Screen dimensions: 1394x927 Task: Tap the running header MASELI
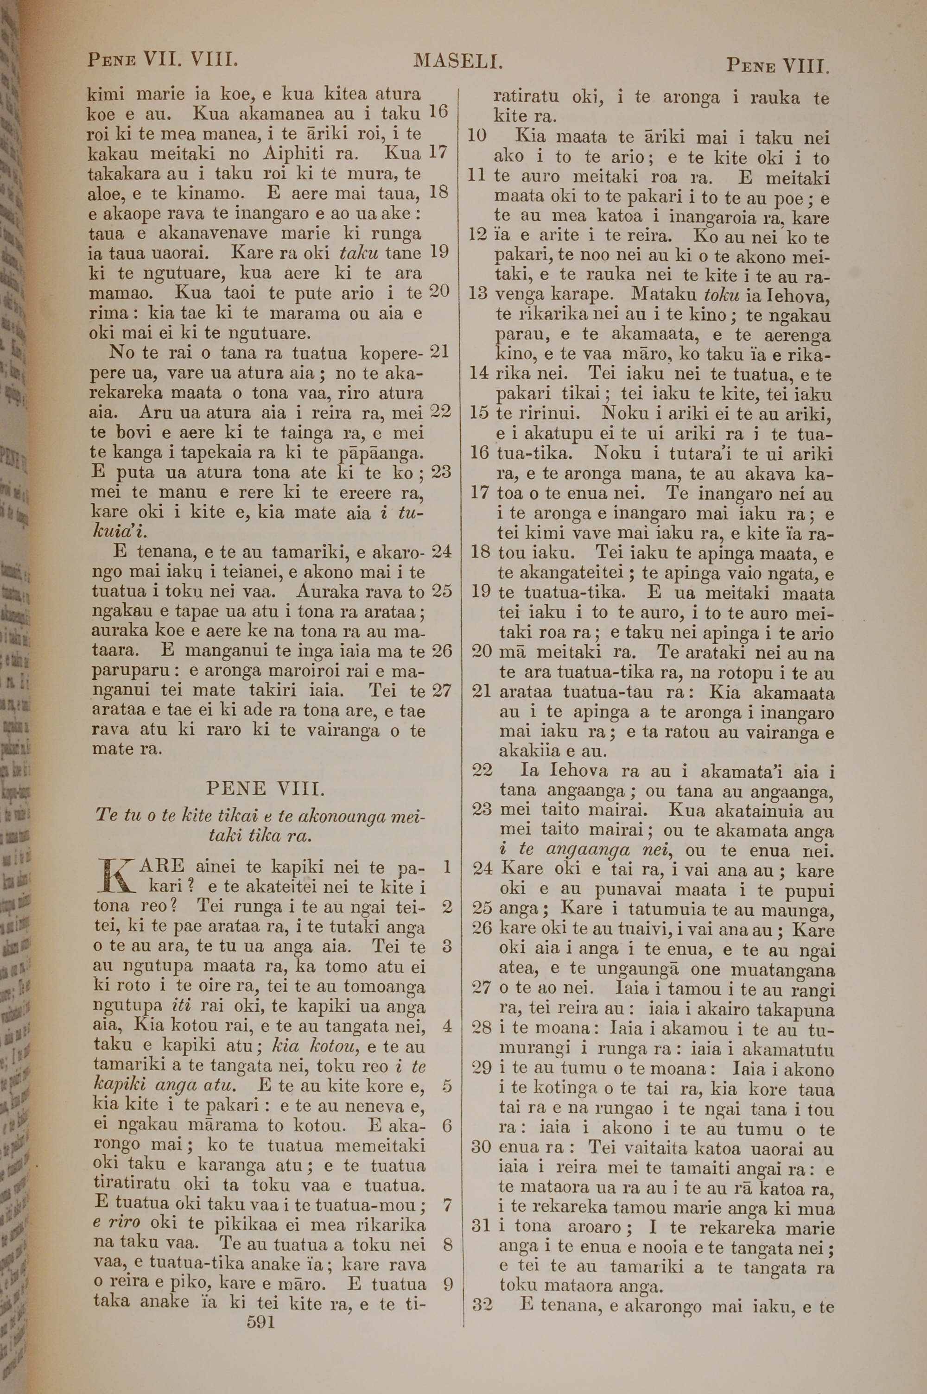coord(458,60)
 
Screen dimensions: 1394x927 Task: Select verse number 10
coord(477,137)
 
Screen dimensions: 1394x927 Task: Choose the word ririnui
coord(545,413)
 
